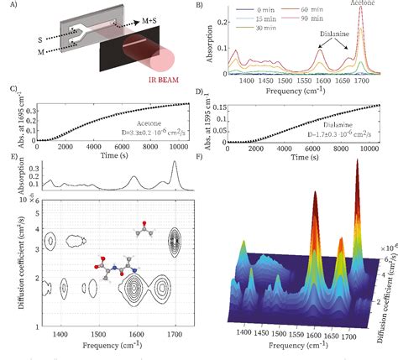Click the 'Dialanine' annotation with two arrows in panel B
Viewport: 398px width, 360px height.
(333, 37)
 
